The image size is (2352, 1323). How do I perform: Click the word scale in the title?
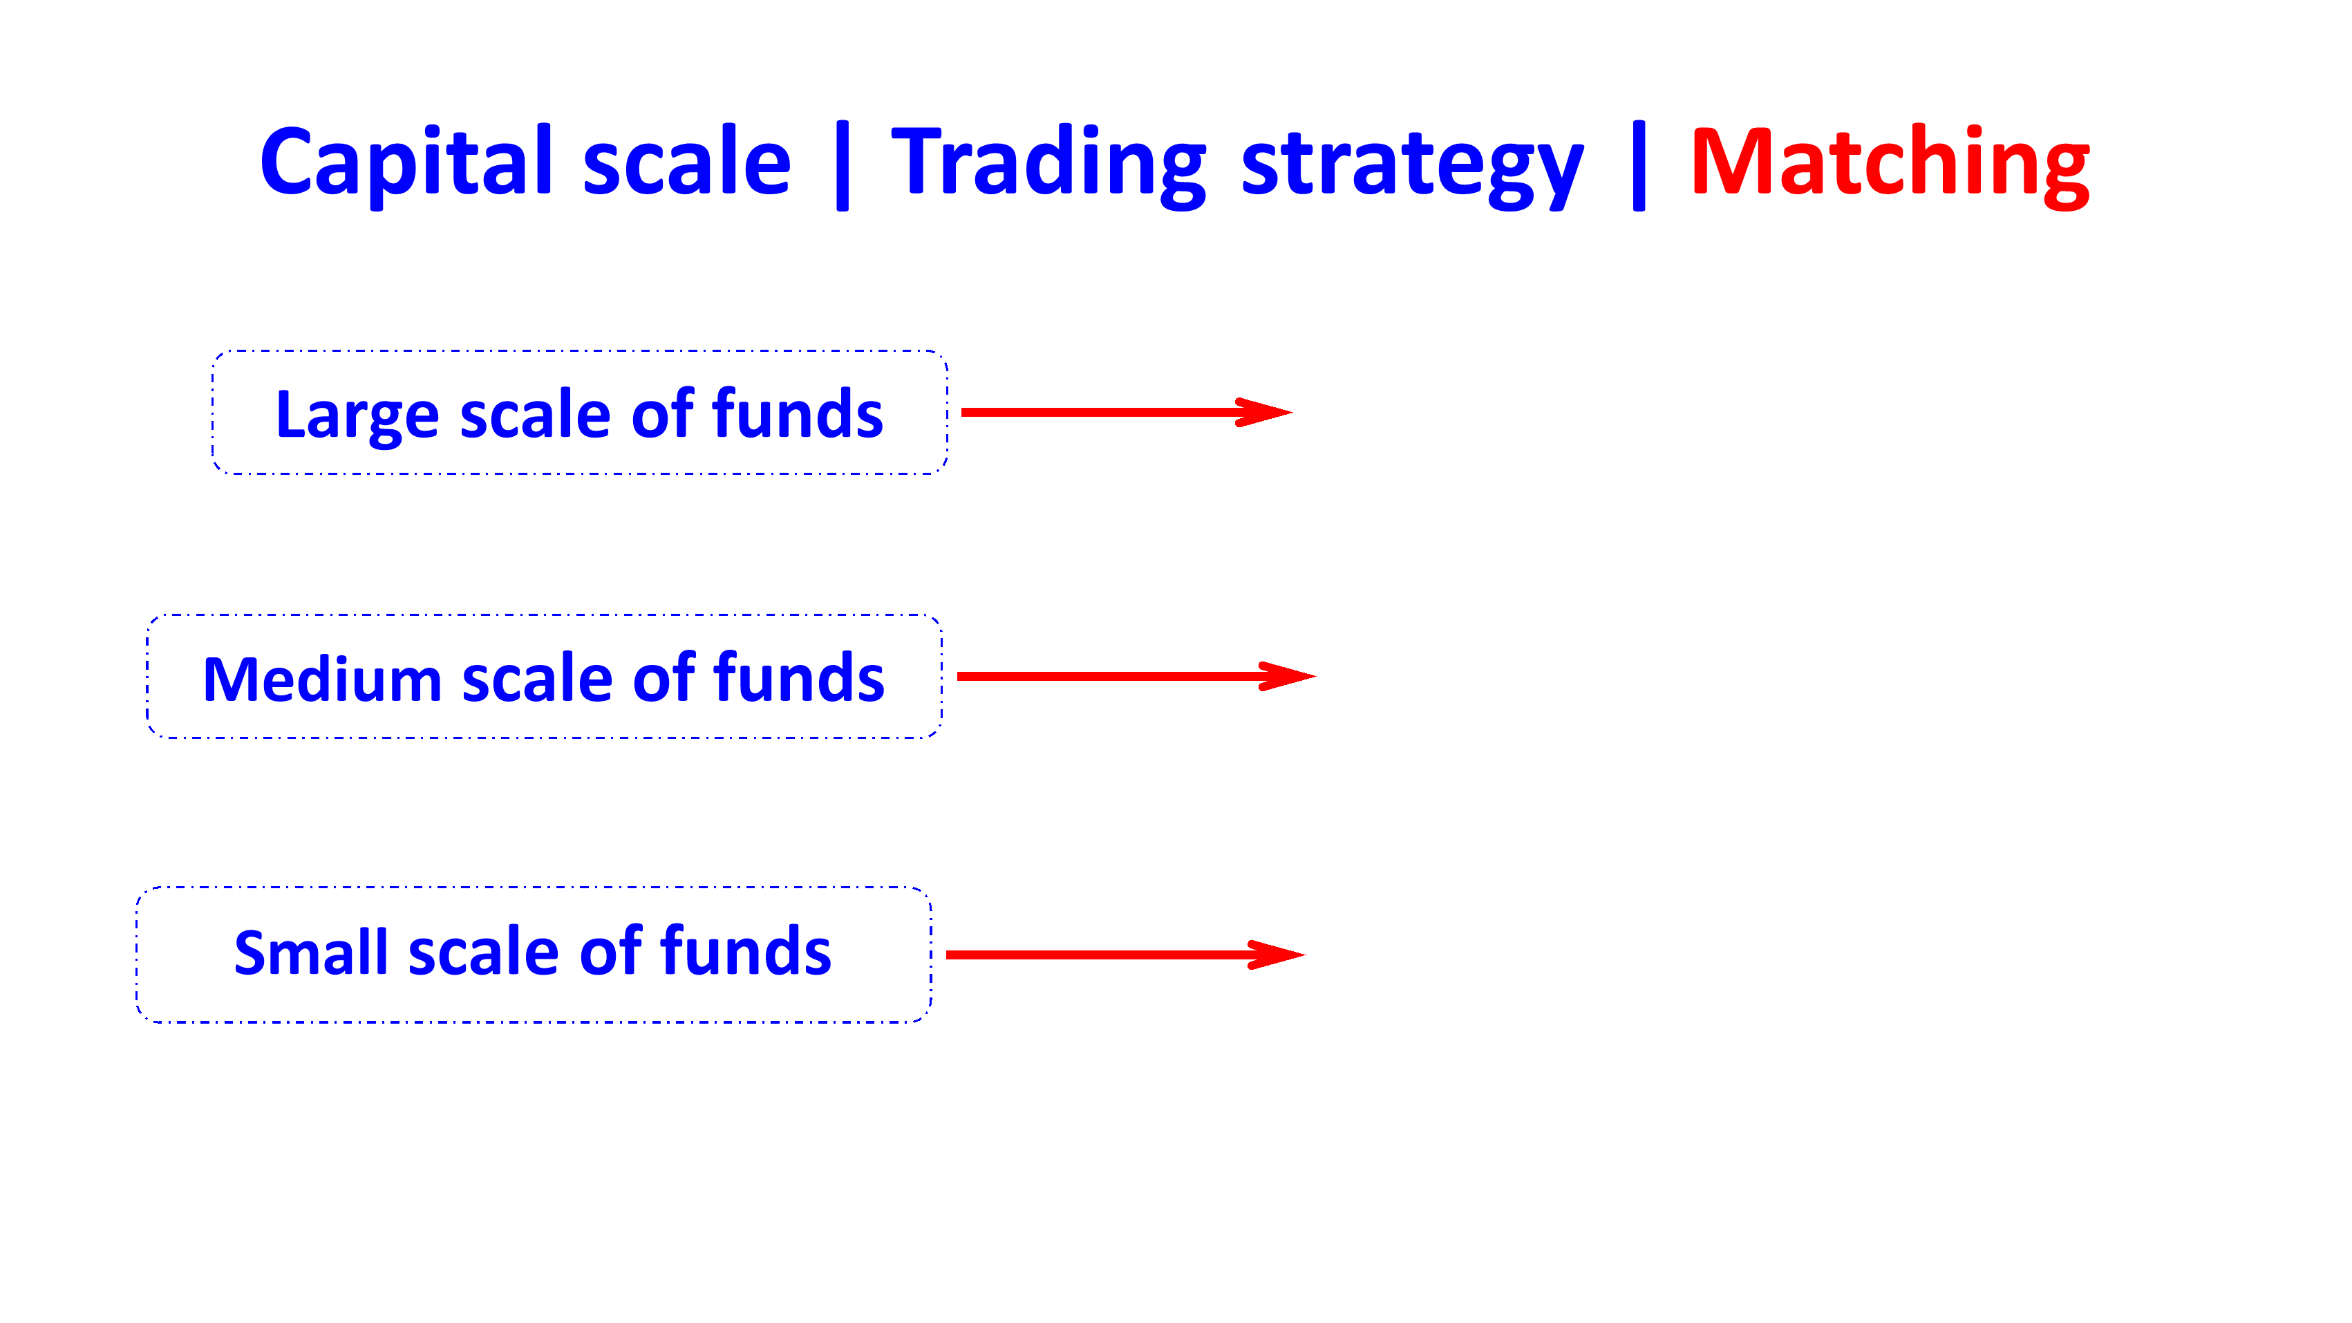[x=686, y=162]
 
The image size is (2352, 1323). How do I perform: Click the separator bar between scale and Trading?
[x=842, y=165]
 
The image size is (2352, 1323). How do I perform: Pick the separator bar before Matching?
[x=1638, y=165]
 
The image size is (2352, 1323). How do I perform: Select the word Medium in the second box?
[x=321, y=679]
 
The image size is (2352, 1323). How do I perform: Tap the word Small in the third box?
[x=310, y=953]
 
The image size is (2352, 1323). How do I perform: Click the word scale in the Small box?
[x=484, y=953]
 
